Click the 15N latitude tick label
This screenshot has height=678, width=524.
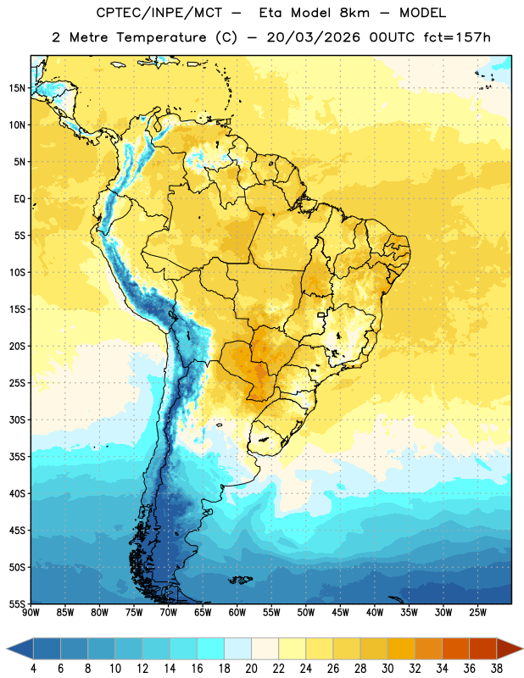17,88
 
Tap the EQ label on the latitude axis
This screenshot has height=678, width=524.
20,199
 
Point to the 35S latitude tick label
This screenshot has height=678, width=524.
17,457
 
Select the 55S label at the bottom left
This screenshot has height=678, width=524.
17,603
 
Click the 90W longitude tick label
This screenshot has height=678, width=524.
31,613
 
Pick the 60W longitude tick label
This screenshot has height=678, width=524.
237,613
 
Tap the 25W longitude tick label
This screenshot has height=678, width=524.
477,613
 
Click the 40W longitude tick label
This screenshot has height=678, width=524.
375,613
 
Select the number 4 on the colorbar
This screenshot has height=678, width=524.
33,669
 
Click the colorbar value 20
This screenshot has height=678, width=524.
251,669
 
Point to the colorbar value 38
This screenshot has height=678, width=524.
497,669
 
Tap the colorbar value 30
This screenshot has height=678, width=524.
387,669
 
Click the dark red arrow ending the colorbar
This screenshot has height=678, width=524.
508,648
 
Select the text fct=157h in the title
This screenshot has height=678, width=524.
457,37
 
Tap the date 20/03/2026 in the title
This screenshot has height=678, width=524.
313,37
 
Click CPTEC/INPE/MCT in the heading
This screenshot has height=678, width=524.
159,13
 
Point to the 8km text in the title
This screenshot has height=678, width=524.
354,13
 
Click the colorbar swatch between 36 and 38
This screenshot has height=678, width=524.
483,648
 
